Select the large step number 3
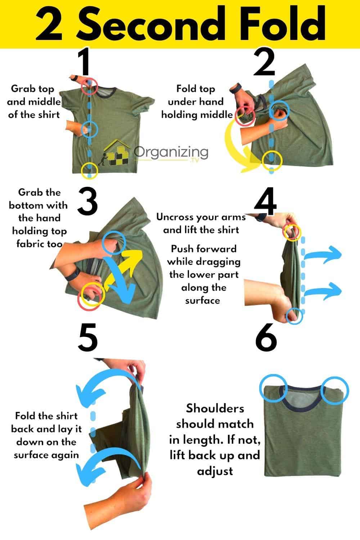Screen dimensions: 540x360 pyautogui.click(x=87, y=201)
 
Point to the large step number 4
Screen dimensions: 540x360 pyautogui.click(x=265, y=201)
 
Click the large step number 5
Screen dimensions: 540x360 pyautogui.click(x=87, y=338)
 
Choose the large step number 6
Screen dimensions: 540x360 pyautogui.click(x=266, y=338)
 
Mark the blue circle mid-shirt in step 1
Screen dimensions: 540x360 pyautogui.click(x=90, y=129)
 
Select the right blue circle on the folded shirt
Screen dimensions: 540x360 pyautogui.click(x=335, y=390)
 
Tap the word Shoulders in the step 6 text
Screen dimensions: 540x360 pyautogui.click(x=215, y=408)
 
